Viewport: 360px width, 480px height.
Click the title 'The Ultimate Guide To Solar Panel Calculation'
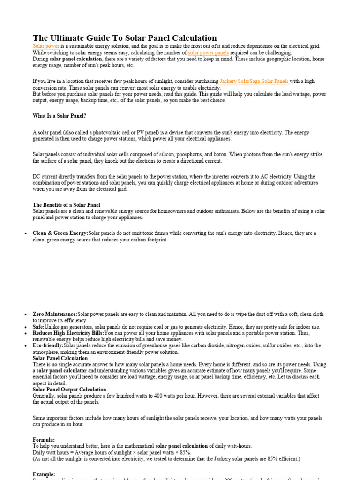(x=125, y=38)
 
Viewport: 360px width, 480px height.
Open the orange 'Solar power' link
(x=46, y=46)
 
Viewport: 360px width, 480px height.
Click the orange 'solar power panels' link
(x=209, y=53)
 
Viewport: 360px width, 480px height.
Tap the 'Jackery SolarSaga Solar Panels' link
(x=254, y=81)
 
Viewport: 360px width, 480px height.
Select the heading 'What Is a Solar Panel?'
(x=60, y=116)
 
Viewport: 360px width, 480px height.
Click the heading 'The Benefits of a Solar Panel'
(x=67, y=205)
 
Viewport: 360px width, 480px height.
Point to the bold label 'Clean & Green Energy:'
(x=60, y=233)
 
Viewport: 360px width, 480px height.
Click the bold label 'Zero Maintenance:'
(x=55, y=314)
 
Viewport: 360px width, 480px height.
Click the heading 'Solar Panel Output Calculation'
(x=69, y=390)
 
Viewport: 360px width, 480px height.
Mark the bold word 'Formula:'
(x=44, y=440)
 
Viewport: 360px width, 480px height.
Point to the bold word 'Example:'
(x=44, y=474)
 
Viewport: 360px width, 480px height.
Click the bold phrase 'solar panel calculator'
(x=63, y=370)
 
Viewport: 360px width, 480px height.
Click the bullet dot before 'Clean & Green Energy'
(x=24, y=233)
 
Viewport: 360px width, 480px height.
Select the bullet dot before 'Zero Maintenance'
(x=24, y=315)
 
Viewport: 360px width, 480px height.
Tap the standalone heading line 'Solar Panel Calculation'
(x=60, y=358)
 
